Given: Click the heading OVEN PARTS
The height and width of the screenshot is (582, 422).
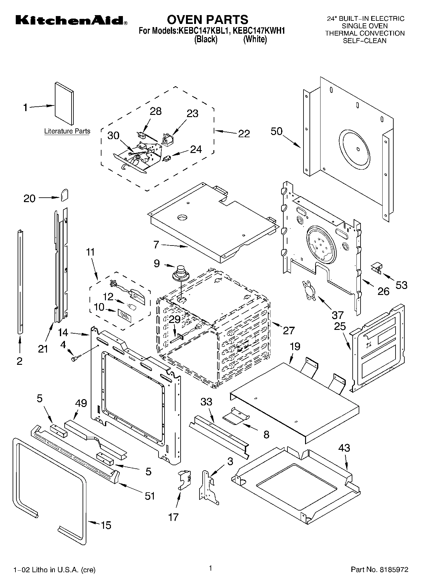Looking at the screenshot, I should pos(207,20).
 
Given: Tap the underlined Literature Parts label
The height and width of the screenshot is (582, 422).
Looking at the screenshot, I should pos(67,131).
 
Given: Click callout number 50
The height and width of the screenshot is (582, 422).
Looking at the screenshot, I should pos(276,131).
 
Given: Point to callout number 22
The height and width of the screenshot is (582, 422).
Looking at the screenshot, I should pos(244,134).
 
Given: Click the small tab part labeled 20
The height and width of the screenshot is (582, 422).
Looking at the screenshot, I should pos(64,195).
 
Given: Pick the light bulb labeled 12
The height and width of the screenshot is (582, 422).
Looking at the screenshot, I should pos(131,306).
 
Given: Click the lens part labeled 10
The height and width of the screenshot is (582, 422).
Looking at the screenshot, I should pos(125,315).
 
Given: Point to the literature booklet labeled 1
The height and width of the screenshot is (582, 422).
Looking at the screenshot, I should pos(64,104).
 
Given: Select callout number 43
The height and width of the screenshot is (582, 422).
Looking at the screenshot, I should pos(344,448).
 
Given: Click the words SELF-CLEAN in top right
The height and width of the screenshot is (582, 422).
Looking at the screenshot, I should pos(364,41).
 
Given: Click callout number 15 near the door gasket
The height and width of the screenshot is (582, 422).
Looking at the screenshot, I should pos(106,525).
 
